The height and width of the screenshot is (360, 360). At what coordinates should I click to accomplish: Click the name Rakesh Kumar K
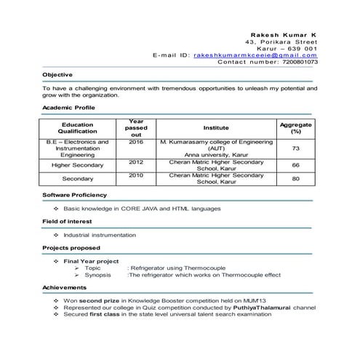click(x=283, y=34)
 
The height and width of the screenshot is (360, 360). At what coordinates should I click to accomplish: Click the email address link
click(x=255, y=55)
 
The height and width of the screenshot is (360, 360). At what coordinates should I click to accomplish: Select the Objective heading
click(x=57, y=75)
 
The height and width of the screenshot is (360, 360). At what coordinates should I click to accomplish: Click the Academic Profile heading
click(x=68, y=108)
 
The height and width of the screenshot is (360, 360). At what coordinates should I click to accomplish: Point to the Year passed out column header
click(x=136, y=127)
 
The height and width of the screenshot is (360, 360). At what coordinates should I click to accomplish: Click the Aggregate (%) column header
click(x=295, y=128)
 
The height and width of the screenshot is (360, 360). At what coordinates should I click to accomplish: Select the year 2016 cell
click(x=136, y=142)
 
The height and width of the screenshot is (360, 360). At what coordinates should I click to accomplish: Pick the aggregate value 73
click(x=295, y=148)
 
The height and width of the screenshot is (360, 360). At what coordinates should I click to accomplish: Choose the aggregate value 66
click(x=295, y=165)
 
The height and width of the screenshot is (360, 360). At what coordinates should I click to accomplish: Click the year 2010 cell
click(x=136, y=175)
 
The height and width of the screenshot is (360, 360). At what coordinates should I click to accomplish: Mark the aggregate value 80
click(x=295, y=178)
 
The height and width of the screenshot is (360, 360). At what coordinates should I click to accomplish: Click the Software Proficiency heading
click(x=74, y=195)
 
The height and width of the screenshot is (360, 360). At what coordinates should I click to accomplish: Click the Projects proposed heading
click(x=71, y=248)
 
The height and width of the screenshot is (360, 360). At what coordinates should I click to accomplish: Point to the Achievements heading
click(x=64, y=288)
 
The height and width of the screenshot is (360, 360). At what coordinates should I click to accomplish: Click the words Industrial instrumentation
click(x=100, y=235)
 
